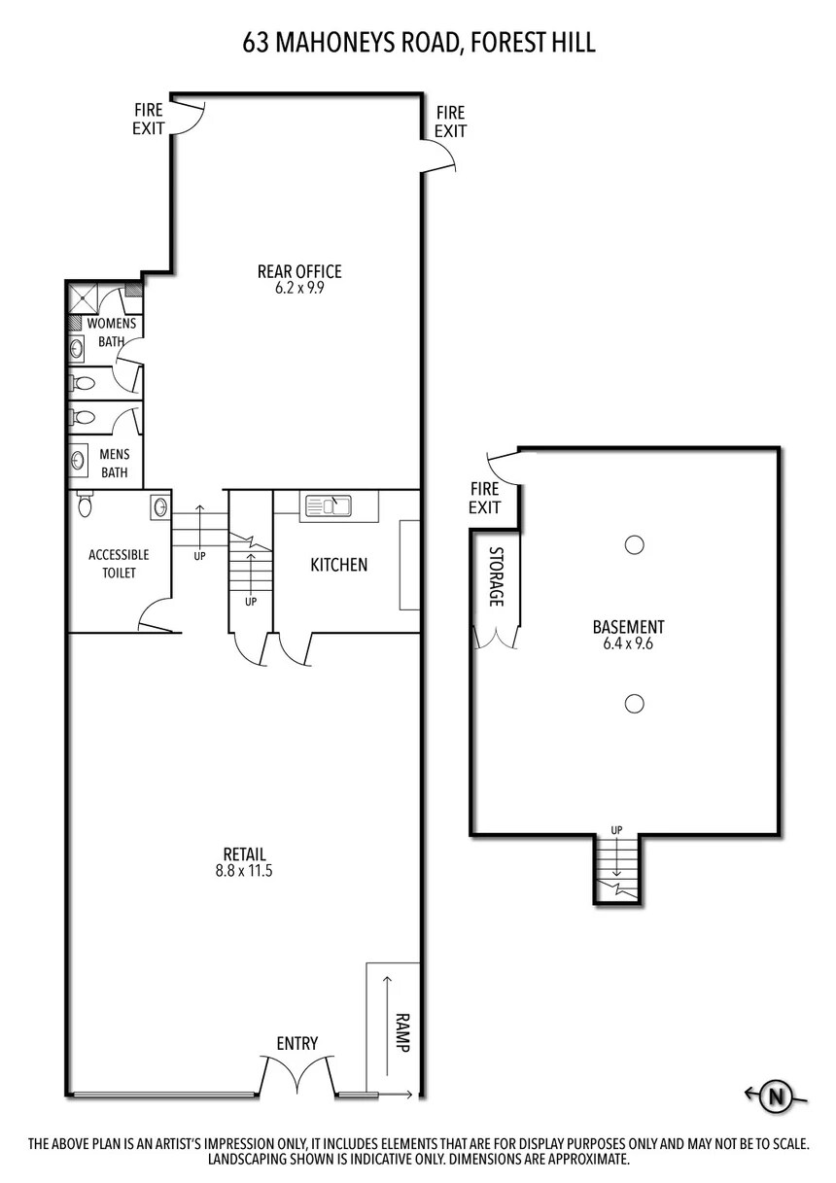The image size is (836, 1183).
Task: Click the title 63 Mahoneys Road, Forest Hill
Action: pos(418,42)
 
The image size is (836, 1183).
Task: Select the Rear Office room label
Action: pos(298,272)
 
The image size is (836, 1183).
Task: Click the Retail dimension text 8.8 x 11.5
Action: pos(244,871)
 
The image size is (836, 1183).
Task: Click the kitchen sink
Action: pos(328,505)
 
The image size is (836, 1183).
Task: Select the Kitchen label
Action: pos(338,565)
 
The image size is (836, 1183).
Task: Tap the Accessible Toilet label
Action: pos(119,564)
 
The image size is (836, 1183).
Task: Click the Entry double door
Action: pos(297,1074)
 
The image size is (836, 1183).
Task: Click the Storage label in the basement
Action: pos(496,576)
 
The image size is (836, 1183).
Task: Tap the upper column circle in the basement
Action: pos(634,545)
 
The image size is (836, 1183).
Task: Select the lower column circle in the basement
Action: pos(634,703)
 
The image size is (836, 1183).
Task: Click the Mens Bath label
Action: pos(115,464)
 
